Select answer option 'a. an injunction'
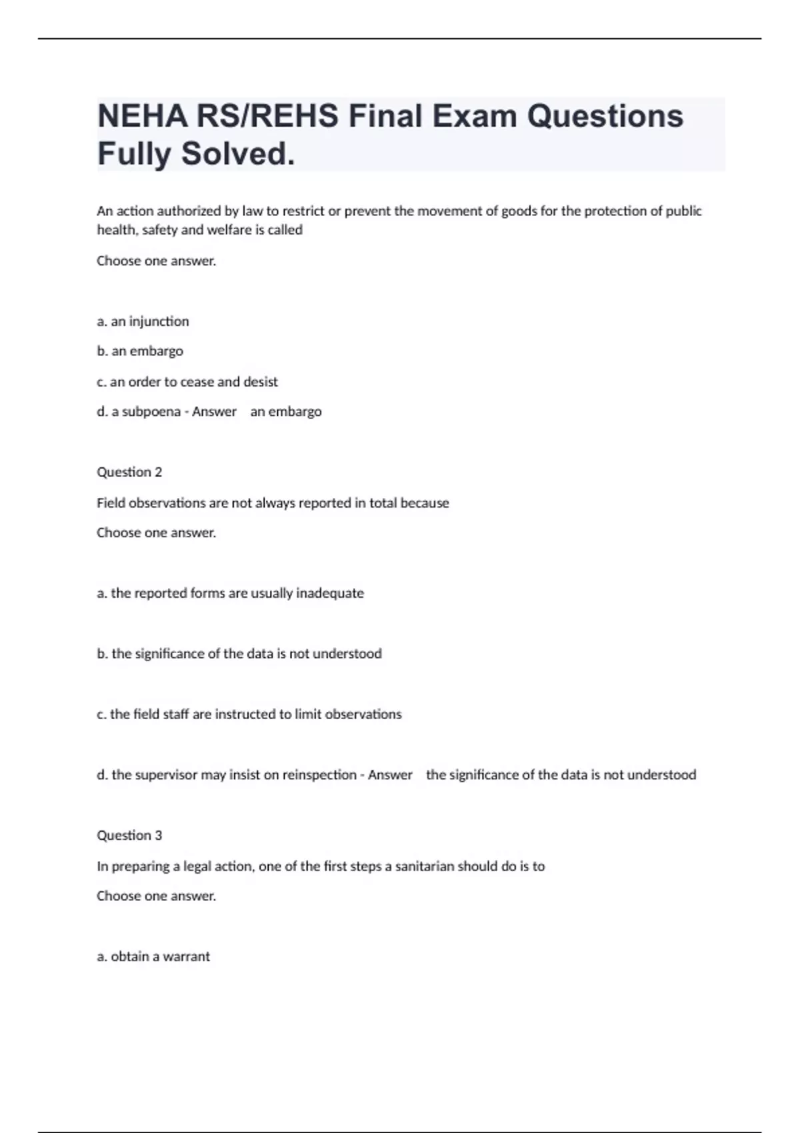point(143,321)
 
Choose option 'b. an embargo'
point(140,351)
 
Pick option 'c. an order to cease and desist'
point(187,382)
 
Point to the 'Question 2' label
point(129,473)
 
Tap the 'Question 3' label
point(129,836)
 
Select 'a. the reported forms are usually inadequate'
point(230,593)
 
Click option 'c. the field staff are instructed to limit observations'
point(249,714)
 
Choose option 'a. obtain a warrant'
point(153,956)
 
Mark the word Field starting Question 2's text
point(111,503)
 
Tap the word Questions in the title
point(605,117)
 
